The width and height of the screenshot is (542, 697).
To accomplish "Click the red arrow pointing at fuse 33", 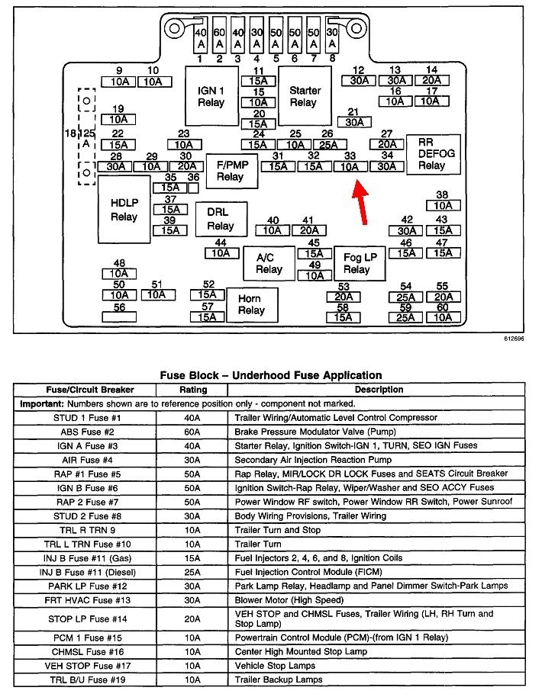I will point(361,204).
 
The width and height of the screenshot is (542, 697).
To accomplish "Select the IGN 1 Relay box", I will point(211,97).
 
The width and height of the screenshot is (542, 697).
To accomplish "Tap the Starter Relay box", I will point(304,97).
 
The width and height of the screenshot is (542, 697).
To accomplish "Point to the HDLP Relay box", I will point(123,210).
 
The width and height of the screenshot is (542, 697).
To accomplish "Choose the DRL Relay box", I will point(220,219).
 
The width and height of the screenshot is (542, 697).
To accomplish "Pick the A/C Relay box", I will point(269,264).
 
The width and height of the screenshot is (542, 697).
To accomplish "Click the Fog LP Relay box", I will point(356,264).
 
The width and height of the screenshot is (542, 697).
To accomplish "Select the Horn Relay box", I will point(251,304).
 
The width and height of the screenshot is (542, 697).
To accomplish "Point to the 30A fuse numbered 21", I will point(353,122).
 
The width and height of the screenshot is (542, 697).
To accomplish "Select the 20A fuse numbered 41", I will point(308,230).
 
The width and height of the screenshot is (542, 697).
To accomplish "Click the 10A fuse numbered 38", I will point(442,205).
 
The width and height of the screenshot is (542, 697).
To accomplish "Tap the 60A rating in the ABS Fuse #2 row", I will point(192,431).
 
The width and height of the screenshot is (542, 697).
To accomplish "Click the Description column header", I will point(379,390).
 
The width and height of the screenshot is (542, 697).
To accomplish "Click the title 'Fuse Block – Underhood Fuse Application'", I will point(270,375).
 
